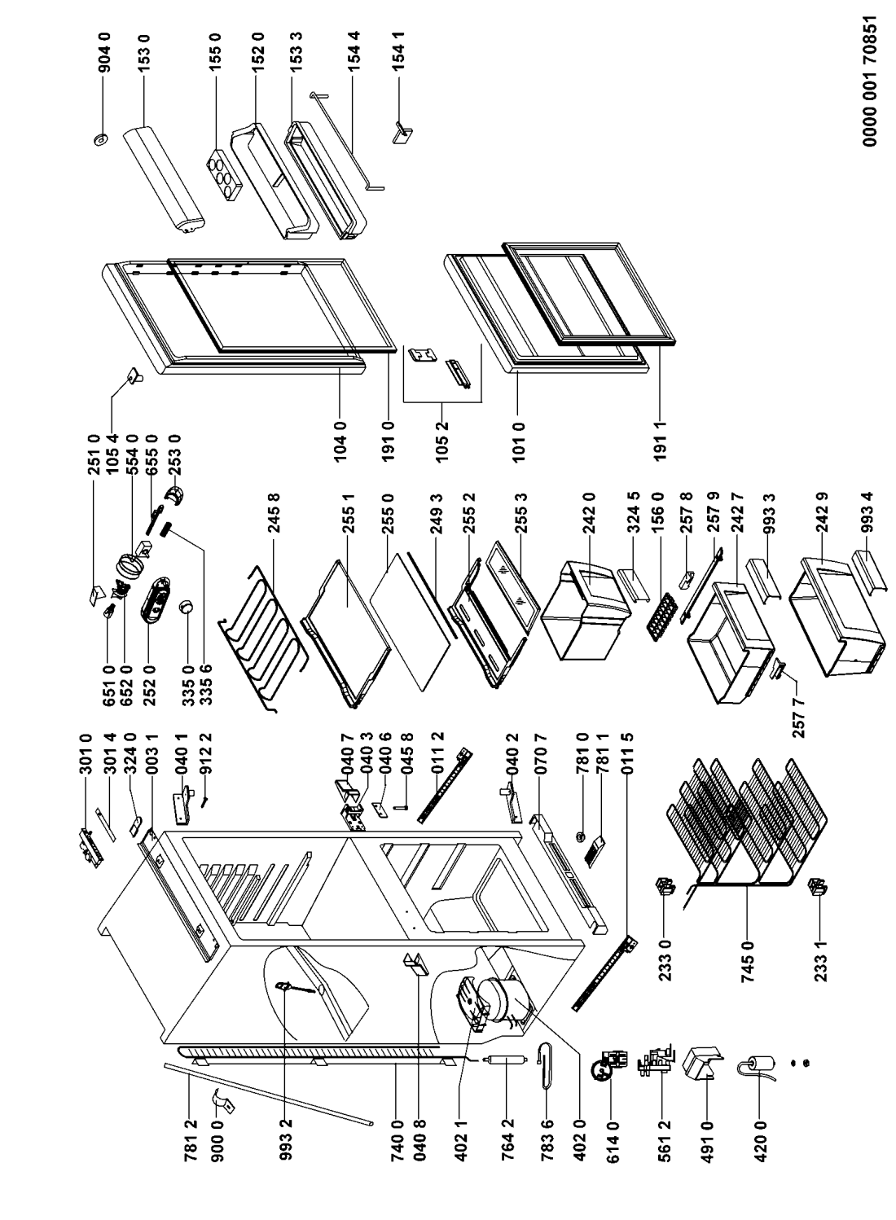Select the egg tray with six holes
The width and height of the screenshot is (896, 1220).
pyautogui.click(x=225, y=175)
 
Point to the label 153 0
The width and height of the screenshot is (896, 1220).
pyautogui.click(x=144, y=54)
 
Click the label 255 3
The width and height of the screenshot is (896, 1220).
pyautogui.click(x=520, y=512)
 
